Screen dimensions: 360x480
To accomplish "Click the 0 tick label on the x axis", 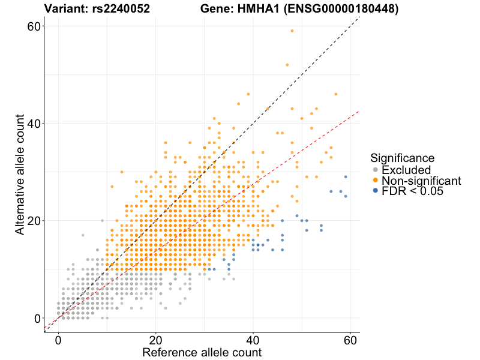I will (58, 339).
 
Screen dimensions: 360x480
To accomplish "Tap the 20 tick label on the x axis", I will (156, 339).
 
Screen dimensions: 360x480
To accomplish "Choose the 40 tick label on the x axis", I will (253, 339).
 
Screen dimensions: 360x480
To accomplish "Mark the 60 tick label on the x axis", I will (350, 339).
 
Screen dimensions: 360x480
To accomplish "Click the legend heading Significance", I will (402, 158).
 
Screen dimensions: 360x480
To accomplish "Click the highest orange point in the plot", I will (292, 31).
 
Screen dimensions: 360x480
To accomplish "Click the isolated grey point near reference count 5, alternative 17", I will (83, 235).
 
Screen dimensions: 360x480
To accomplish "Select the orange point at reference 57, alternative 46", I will (336, 94).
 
